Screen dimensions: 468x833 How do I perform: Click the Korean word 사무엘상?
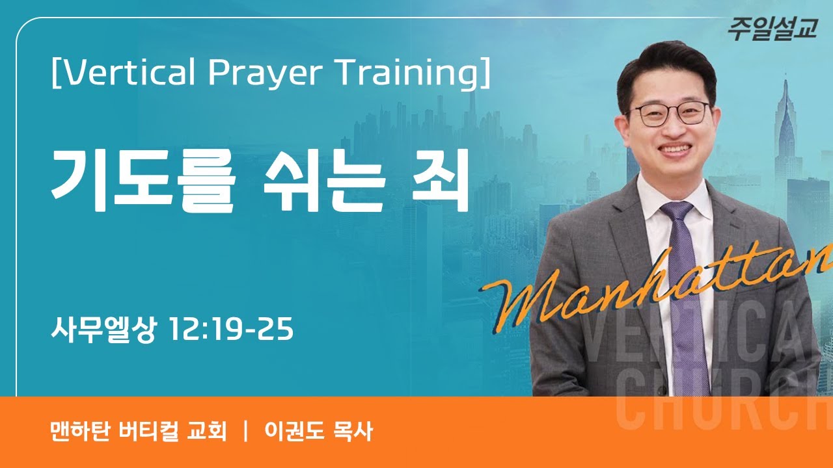[x=103, y=330]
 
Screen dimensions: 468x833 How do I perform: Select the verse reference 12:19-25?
[x=230, y=330]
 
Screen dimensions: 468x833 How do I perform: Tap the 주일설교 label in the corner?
[x=772, y=30]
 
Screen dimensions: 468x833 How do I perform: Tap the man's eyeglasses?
[x=670, y=114]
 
